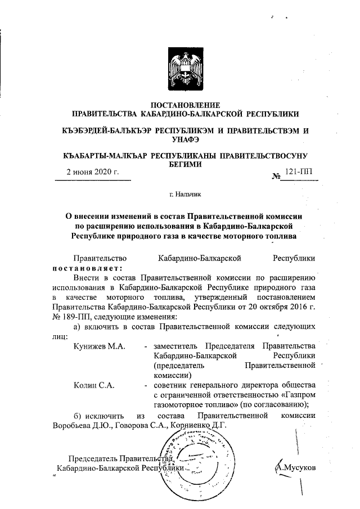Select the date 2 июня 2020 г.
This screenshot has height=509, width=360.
(x=92, y=172)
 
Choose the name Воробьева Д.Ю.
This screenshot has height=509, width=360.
(x=82, y=425)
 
